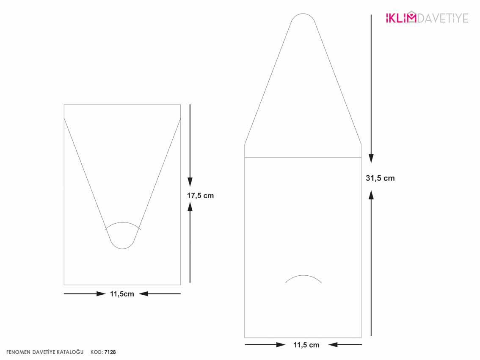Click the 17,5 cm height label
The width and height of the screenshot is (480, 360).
[x=200, y=196]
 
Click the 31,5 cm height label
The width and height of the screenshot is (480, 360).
[x=380, y=178]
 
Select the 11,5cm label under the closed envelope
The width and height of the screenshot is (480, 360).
[x=122, y=294]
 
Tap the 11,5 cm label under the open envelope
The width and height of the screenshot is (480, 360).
[x=306, y=345]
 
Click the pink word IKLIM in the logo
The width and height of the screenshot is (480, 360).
[x=401, y=18]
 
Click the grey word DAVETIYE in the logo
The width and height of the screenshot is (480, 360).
[x=443, y=18]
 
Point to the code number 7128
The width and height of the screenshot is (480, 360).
[x=110, y=352]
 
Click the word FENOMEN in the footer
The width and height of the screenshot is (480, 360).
[x=18, y=352]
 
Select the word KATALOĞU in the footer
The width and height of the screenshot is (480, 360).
[x=70, y=352]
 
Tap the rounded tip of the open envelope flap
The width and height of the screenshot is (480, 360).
[x=303, y=14]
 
